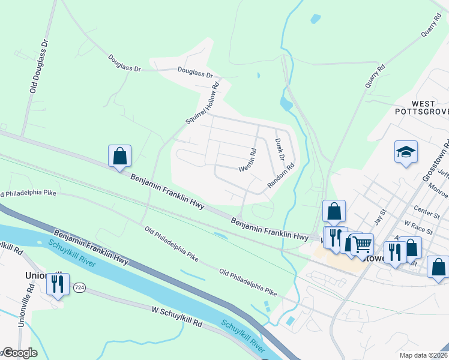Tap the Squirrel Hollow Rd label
pyautogui.click(x=203, y=103)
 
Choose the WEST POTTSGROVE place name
pyautogui.click(x=421, y=107)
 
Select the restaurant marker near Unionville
pyautogui.click(x=58, y=284)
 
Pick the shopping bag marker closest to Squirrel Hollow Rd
pyautogui.click(x=120, y=157)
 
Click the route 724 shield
pyautogui.click(x=79, y=288)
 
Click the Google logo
pyautogui.click(x=19, y=353)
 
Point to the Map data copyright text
pyautogui.click(x=422, y=355)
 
